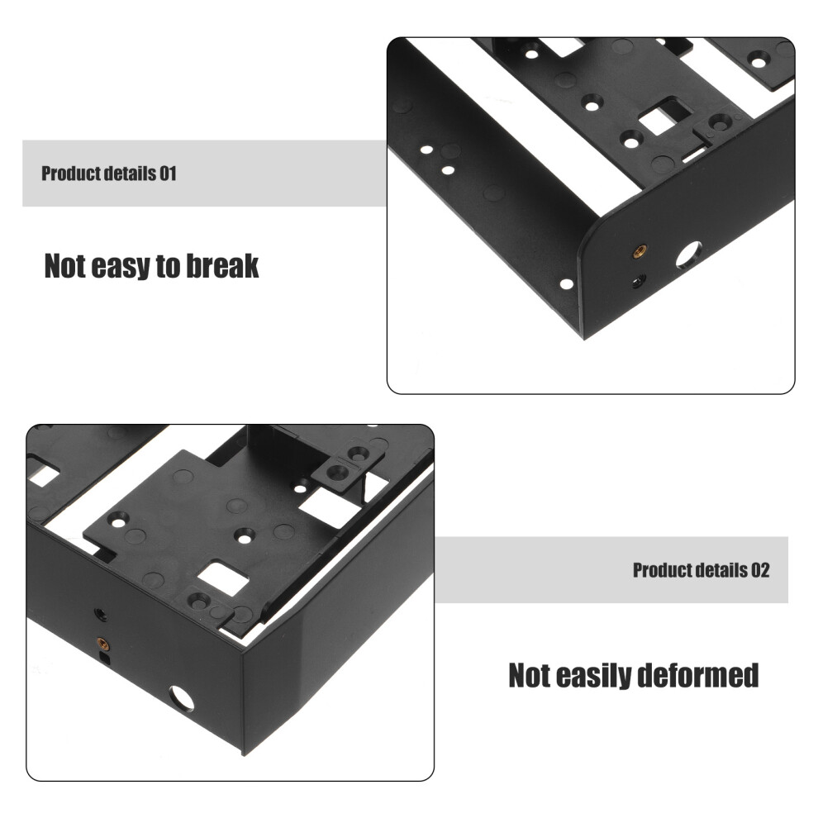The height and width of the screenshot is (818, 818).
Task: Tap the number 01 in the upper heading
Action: click(x=168, y=174)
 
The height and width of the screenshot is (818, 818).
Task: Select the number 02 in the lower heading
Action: click(x=760, y=570)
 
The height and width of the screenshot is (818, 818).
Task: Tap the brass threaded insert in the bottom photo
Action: click(x=102, y=643)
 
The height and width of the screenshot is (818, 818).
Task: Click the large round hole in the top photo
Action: click(x=689, y=255)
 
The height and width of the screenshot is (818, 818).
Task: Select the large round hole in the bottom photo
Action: click(x=181, y=699)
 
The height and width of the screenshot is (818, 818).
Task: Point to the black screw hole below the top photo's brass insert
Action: click(x=638, y=282)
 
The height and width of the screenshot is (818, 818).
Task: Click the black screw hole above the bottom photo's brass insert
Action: click(x=101, y=615)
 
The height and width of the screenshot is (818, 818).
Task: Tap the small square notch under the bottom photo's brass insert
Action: click(x=105, y=659)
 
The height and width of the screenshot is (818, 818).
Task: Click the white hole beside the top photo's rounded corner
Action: click(x=567, y=284)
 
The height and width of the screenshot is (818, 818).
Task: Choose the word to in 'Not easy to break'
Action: click(x=169, y=267)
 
